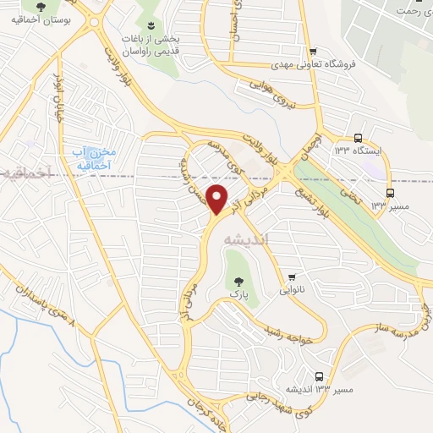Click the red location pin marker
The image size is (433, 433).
pyautogui.click(x=218, y=200)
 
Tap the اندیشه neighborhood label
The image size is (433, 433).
pyautogui.click(x=245, y=239)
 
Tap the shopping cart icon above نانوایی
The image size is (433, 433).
pyautogui.click(x=293, y=277)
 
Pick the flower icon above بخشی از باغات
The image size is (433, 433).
pyautogui.click(x=151, y=25)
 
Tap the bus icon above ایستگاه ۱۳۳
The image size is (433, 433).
pyautogui.click(x=358, y=137)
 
